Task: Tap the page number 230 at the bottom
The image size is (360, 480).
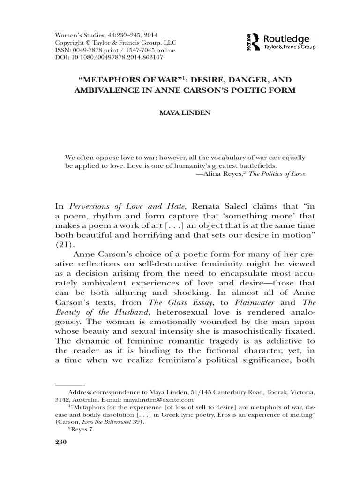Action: [62, 443]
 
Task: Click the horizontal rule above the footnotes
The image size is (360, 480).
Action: [70, 384]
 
